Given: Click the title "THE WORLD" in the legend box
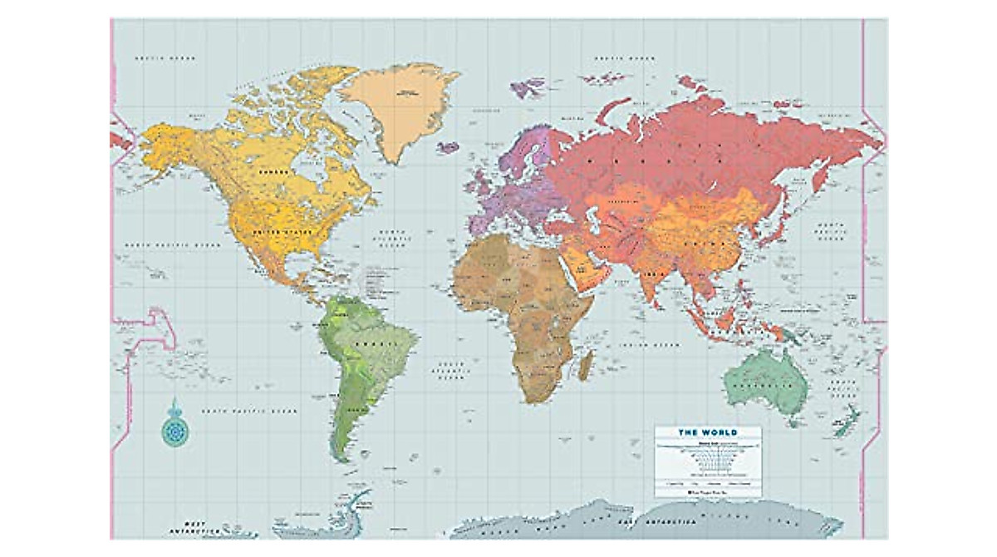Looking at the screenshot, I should (707, 432).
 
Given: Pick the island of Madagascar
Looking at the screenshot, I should (585, 364).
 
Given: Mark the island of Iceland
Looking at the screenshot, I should (448, 147).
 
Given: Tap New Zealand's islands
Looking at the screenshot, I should (849, 421).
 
